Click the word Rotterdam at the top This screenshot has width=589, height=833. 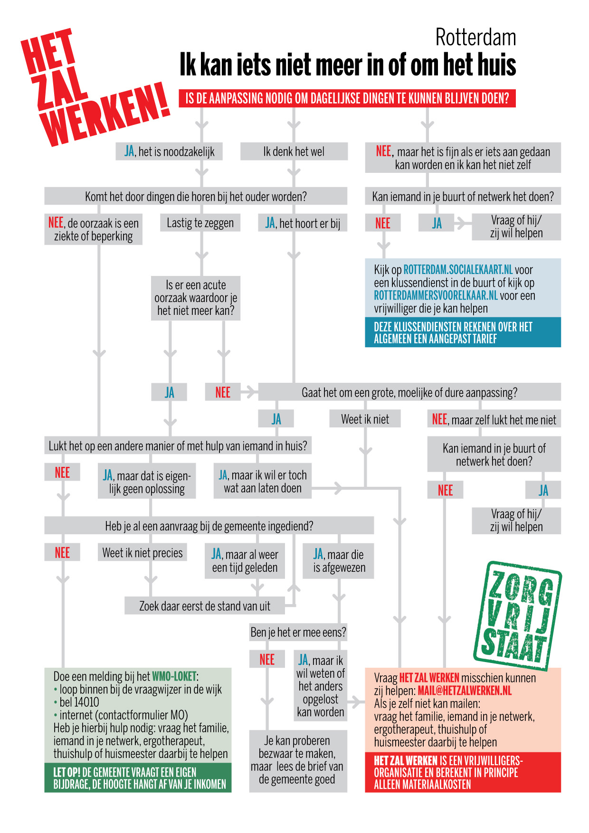[475, 38]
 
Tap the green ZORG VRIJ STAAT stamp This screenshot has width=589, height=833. [518, 615]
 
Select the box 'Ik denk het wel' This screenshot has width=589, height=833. [294, 151]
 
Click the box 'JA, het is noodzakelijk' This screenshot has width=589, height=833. [169, 151]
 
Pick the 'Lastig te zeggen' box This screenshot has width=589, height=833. [200, 223]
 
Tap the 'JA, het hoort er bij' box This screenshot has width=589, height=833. [303, 223]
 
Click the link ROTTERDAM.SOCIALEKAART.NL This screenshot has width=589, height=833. [458, 270]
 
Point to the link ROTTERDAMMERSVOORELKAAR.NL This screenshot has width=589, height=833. [435, 295]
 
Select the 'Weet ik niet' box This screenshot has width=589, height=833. [365, 419]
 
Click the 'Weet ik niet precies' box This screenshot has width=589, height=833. [142, 553]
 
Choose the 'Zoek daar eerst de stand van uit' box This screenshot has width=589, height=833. [204, 606]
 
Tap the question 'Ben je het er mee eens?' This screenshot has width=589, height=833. [298, 632]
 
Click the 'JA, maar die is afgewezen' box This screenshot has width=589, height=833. [339, 561]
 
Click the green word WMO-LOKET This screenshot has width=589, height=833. [174, 676]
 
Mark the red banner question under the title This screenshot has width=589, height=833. [347, 98]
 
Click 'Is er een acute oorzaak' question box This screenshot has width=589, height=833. [196, 298]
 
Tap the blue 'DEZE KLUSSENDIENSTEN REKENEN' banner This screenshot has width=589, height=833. [463, 332]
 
